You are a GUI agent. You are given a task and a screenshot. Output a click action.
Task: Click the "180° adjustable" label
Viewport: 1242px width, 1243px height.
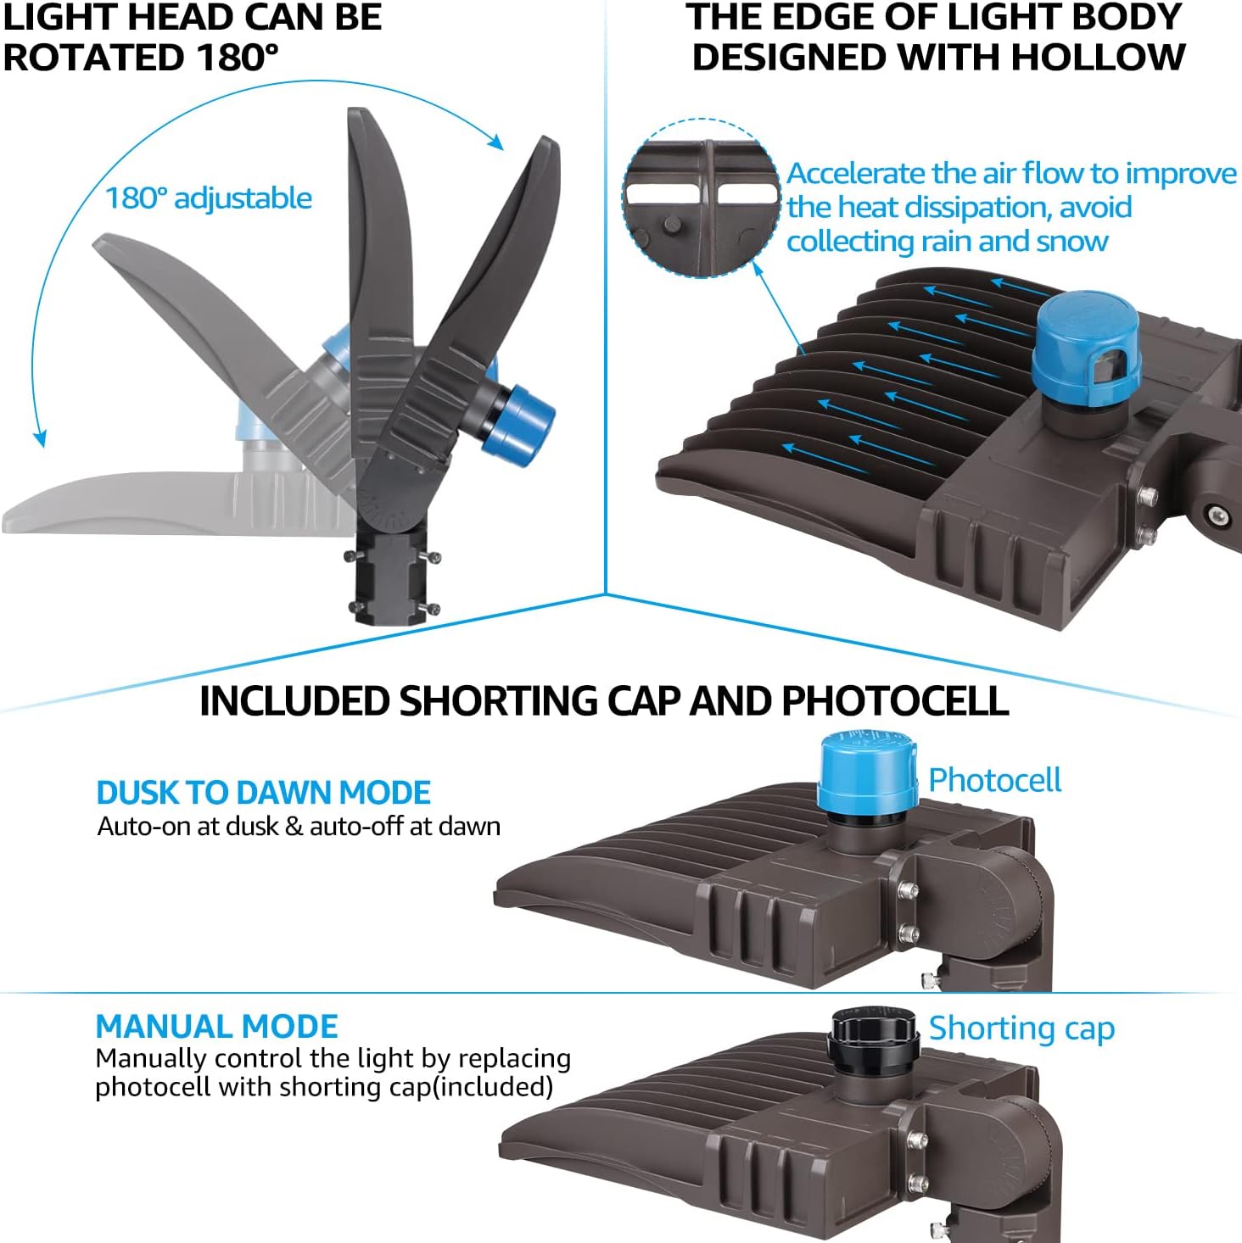(209, 198)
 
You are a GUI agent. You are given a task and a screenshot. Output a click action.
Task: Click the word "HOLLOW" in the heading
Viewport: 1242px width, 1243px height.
(1098, 58)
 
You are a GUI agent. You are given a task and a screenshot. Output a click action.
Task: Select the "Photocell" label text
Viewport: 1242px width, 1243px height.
(994, 781)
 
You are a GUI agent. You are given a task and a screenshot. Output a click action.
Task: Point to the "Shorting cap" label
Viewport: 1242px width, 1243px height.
(1022, 1028)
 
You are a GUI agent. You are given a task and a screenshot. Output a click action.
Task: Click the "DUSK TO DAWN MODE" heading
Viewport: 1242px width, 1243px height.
(263, 793)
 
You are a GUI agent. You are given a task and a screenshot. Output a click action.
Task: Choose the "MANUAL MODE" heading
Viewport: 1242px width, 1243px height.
(217, 1026)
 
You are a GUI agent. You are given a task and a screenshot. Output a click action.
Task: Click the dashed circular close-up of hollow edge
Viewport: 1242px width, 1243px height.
(702, 198)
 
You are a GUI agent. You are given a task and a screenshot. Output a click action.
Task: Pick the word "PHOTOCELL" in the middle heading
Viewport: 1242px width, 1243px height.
(895, 700)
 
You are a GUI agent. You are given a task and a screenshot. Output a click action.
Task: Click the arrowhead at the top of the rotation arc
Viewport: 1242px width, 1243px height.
(495, 142)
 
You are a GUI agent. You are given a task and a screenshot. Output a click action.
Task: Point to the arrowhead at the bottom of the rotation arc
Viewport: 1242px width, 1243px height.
(40, 438)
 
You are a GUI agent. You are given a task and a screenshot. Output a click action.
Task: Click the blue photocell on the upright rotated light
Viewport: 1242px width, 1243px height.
(518, 424)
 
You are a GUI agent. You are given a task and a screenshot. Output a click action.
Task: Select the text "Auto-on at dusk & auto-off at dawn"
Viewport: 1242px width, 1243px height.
(299, 827)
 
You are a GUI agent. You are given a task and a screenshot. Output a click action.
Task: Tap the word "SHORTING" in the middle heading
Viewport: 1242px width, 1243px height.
(498, 700)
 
